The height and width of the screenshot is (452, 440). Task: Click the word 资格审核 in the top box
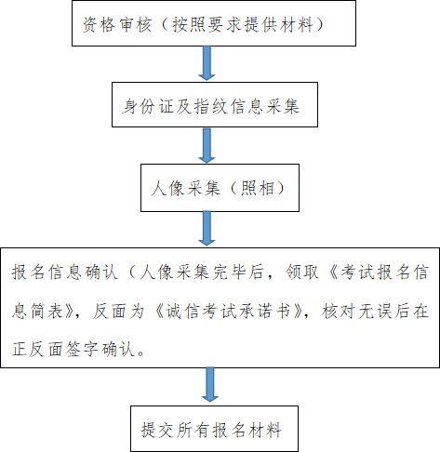pos(117,24)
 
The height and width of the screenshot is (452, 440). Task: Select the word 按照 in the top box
pos(189,24)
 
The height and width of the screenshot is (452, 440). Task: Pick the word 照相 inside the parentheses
pos(258,188)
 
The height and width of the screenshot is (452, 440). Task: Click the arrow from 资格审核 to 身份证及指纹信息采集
pos(207,63)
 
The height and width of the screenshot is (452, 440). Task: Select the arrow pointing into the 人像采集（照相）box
pos(207,145)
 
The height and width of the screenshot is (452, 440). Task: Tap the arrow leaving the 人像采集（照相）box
pos(207,229)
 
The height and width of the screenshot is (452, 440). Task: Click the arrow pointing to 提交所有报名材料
pos(210,385)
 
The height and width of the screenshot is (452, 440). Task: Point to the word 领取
pos(302,272)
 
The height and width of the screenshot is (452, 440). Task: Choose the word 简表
pos(47,311)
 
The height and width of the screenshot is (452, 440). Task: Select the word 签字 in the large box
pos(83,349)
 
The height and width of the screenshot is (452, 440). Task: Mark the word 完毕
pos(230,272)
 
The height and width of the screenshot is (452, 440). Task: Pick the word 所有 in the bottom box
pos(193,430)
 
